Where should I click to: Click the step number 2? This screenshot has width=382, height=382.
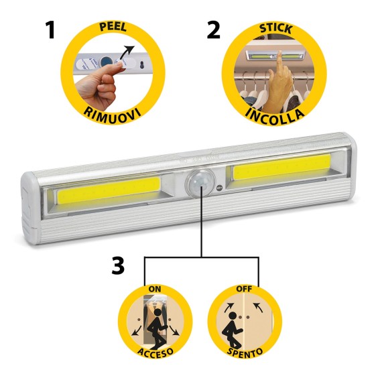pos(213,31)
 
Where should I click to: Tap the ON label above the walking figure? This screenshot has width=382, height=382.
pos(155,290)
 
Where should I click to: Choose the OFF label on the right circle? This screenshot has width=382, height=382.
pos(243,289)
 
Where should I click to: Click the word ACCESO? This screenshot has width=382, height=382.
pos(155,352)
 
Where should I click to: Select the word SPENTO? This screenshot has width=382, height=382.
pos(244,352)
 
